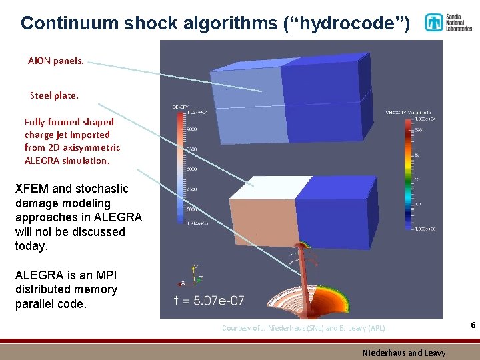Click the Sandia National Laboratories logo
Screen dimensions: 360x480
click(x=448, y=22)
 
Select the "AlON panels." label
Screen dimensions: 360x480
click(x=56, y=61)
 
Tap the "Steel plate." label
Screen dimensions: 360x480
click(x=54, y=95)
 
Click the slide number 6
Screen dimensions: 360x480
click(x=473, y=325)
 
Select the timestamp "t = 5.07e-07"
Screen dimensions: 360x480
click(x=209, y=301)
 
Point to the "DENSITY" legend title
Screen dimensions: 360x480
click(x=180, y=107)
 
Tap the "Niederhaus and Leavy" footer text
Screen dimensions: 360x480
click(x=403, y=352)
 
